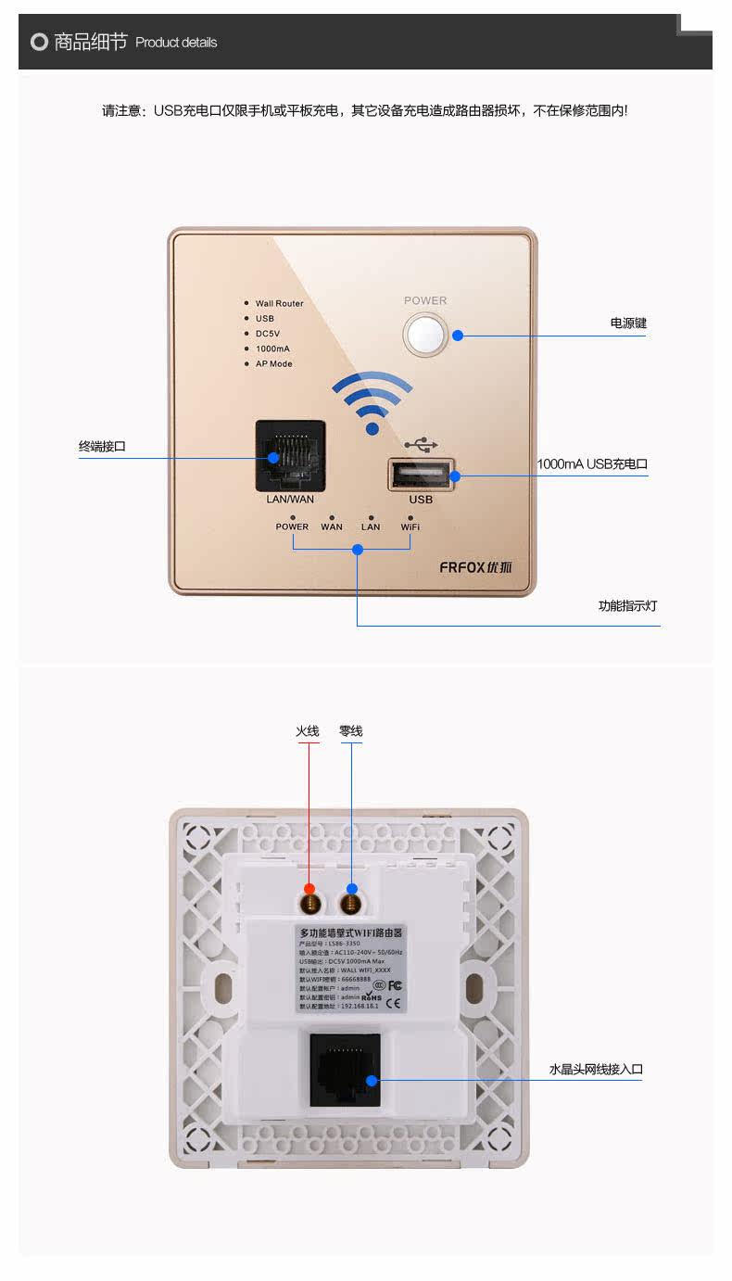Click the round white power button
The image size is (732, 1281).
tap(425, 335)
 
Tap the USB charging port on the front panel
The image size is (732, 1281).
tap(420, 476)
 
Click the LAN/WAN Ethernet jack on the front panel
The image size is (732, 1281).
tap(290, 455)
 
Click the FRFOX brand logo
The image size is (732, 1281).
tap(475, 567)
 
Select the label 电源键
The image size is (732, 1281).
tap(628, 323)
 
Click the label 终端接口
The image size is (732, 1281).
tap(102, 447)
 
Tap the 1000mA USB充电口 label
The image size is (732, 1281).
tap(592, 464)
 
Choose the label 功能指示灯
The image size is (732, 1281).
tap(627, 606)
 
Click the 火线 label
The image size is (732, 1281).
tap(308, 731)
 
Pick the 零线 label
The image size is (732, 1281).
tap(351, 731)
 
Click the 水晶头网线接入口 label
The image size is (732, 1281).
tap(596, 1070)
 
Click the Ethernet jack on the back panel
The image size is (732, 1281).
tap(344, 1070)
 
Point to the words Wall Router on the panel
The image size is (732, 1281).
tap(279, 304)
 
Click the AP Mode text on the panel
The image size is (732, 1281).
tap(273, 364)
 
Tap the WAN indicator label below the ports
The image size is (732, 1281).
tap(332, 527)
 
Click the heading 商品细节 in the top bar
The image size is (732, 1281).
tap(90, 42)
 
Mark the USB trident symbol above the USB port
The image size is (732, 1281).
tap(421, 444)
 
